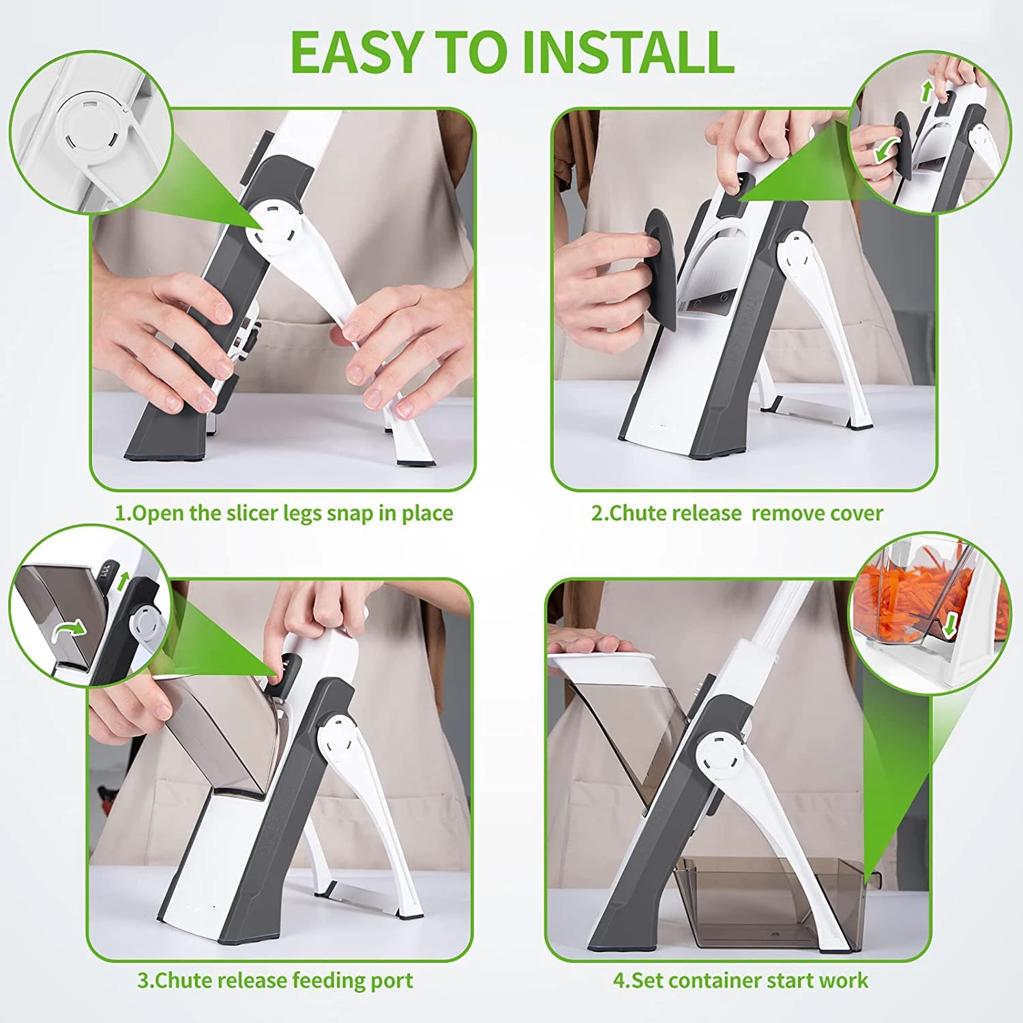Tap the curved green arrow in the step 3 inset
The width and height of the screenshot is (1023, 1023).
pyautogui.click(x=70, y=629)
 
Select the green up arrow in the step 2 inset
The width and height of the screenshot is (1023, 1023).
pyautogui.click(x=926, y=91)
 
